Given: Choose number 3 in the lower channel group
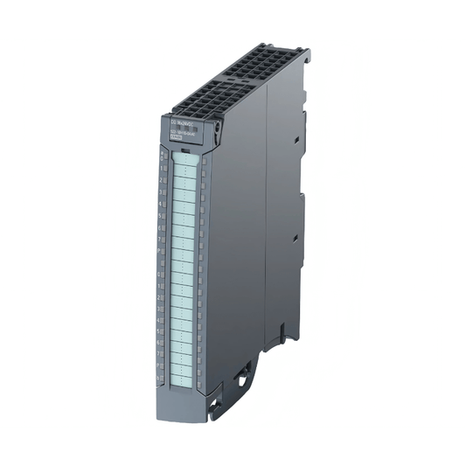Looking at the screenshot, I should coord(159,309).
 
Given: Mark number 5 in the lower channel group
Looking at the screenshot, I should coord(159,331).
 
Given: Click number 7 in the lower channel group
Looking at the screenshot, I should coord(159,354).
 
